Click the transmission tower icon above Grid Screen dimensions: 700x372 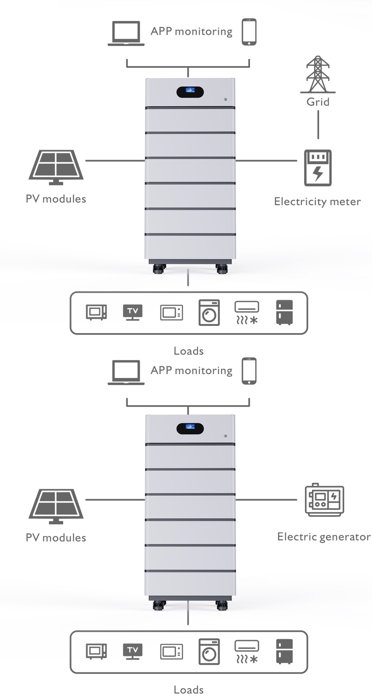click(317, 74)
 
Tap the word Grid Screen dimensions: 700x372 click(318, 102)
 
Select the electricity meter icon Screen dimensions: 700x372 click(318, 168)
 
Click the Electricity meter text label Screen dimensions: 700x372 click(317, 202)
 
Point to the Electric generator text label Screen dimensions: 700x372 click(324, 537)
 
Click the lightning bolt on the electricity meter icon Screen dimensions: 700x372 click(318, 173)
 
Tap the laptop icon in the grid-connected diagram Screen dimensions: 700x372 click(126, 33)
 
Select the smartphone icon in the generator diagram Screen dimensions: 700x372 click(249, 371)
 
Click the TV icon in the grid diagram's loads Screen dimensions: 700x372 click(133, 312)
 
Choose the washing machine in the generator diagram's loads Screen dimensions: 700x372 click(209, 652)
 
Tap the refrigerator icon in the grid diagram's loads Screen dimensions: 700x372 click(284, 312)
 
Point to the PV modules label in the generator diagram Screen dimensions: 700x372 click(56, 538)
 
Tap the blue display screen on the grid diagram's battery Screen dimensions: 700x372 click(190, 90)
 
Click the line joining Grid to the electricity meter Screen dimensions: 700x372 click(318, 124)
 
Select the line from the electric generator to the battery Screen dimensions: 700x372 click(266, 499)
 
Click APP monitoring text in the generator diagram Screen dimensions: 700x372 click(191, 370)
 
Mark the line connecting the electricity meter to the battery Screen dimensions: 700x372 click(266, 160)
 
